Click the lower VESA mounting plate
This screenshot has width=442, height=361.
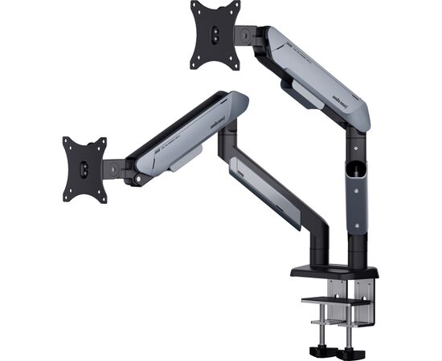(x=85, y=168)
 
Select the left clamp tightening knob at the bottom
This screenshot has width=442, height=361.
(x=321, y=352)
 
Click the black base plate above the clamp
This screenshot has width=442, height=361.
(x=334, y=271)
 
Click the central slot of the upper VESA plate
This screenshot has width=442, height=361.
(x=215, y=34)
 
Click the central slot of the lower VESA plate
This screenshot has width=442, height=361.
(x=84, y=169)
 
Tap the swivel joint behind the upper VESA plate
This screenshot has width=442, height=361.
(x=245, y=34)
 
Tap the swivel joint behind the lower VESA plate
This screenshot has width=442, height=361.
(x=114, y=168)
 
